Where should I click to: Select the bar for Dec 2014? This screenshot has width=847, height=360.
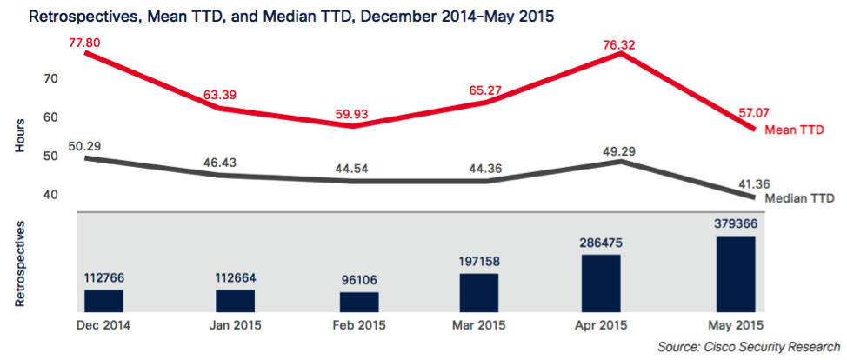pos(103,300)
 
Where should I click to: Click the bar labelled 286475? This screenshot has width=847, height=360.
pos(601,283)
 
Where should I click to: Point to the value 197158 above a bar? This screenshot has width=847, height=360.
pos(478,261)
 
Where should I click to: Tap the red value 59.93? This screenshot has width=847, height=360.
pos(355,113)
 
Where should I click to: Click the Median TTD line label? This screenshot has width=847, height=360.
pos(799,198)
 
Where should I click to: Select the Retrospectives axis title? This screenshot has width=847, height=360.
pos(20,263)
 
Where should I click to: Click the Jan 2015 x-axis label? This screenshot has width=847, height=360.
pos(235,325)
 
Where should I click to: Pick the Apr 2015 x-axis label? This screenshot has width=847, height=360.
pos(601,325)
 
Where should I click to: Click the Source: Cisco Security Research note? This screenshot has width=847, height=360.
pos(749,347)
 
